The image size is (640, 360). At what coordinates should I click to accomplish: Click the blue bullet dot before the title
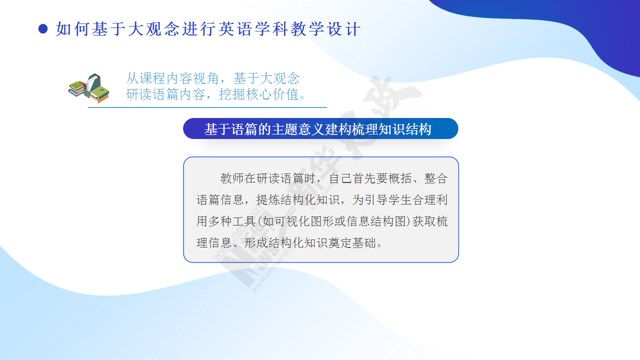point(43,29)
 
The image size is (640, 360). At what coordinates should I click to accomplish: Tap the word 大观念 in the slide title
point(154,29)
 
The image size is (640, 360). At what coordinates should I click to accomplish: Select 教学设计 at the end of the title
point(326,29)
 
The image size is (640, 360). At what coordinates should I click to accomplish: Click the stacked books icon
point(89,88)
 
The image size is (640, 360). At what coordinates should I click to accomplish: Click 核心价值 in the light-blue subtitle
point(272,94)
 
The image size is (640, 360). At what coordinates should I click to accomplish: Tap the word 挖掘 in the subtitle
point(232,94)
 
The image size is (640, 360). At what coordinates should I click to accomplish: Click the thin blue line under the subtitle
point(207,107)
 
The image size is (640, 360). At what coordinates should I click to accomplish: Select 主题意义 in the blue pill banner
point(298,129)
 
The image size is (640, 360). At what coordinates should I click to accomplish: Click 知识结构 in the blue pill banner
point(405,129)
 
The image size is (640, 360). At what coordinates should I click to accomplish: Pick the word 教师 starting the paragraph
point(232,178)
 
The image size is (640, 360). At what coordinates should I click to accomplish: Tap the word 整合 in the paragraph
point(436,178)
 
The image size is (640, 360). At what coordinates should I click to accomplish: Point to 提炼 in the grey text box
point(268,200)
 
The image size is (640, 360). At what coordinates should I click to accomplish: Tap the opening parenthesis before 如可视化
point(259,221)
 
